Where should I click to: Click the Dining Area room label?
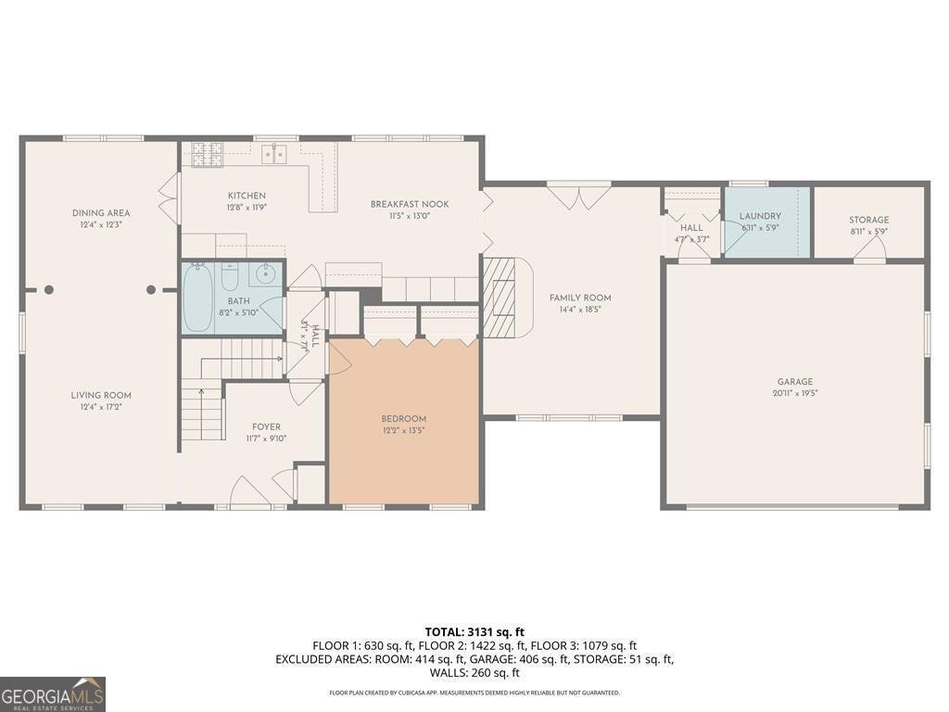tap(101, 213)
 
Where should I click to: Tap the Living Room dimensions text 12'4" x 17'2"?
tap(101, 406)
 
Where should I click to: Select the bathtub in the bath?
tap(197, 298)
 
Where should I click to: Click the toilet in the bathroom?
tap(231, 277)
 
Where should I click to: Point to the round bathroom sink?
tap(266, 273)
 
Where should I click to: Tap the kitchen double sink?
tap(274, 154)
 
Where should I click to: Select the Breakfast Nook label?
tap(410, 204)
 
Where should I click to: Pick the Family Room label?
tap(580, 298)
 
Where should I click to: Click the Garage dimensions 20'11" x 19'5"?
tap(795, 393)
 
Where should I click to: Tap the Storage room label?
tap(868, 220)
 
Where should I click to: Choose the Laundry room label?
tap(760, 216)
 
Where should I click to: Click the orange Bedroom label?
tap(404, 418)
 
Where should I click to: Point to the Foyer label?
tap(266, 426)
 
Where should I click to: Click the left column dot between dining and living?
tap(49, 289)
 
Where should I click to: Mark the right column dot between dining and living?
tap(151, 289)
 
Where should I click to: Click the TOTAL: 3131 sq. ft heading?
tap(474, 632)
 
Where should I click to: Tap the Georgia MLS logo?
tap(53, 693)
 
